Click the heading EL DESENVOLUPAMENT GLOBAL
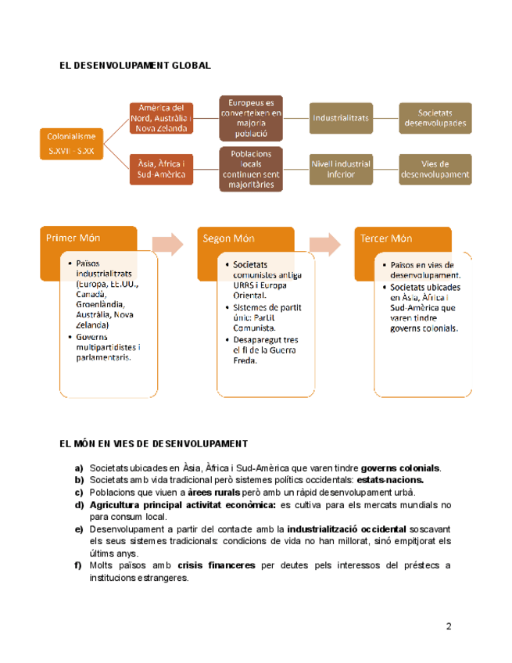click(x=135, y=66)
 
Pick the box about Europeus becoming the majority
click(x=250, y=118)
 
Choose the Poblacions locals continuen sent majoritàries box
click(x=250, y=170)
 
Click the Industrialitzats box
click(x=341, y=118)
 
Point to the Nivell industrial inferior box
click(x=341, y=170)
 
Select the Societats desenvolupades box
click(x=435, y=118)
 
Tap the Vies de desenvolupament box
click(x=435, y=170)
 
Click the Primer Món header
click(x=73, y=238)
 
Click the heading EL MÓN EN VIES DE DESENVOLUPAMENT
click(x=154, y=443)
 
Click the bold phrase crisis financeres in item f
click(x=207, y=565)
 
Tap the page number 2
click(x=449, y=626)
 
